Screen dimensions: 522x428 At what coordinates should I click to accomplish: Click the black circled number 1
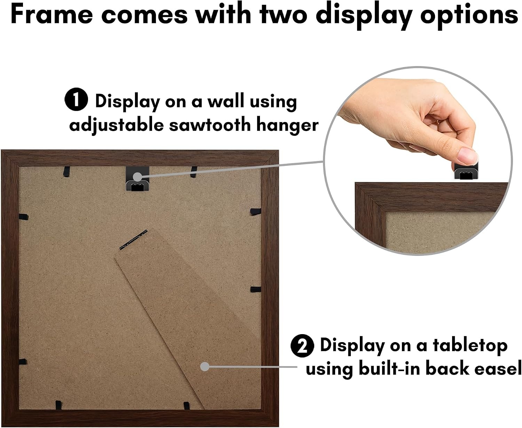(x=76, y=99)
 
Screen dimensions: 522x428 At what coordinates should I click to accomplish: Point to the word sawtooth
(x=210, y=125)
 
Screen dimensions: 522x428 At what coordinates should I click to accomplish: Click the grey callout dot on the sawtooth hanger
(x=137, y=177)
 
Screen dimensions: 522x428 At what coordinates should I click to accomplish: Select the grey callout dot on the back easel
(x=205, y=367)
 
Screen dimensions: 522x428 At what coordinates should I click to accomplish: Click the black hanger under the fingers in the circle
(x=466, y=171)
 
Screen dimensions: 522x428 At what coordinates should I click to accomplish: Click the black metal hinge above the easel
(x=133, y=240)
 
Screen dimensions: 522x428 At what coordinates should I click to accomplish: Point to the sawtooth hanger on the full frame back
(x=137, y=178)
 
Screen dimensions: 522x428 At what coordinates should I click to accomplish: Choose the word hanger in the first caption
(x=287, y=126)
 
